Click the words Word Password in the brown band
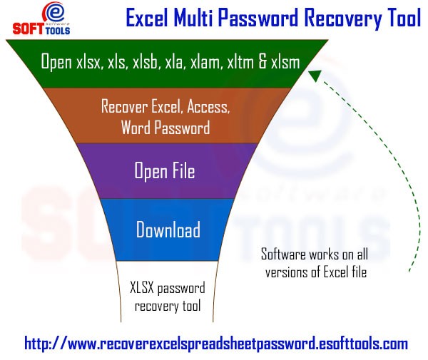(165, 128)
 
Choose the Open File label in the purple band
(165, 171)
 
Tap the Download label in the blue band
(168, 230)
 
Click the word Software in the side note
(283, 254)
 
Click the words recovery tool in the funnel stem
(168, 306)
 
